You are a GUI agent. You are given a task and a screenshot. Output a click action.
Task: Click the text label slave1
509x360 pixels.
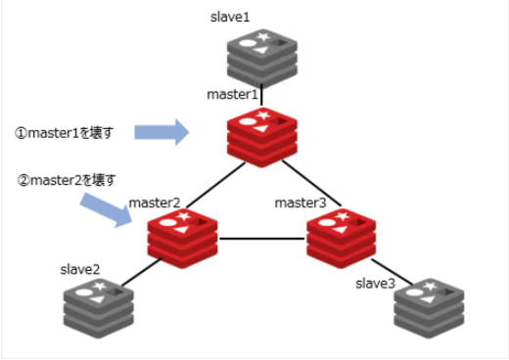click(x=231, y=18)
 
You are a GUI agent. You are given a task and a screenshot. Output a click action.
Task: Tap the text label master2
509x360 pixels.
click(x=154, y=202)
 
